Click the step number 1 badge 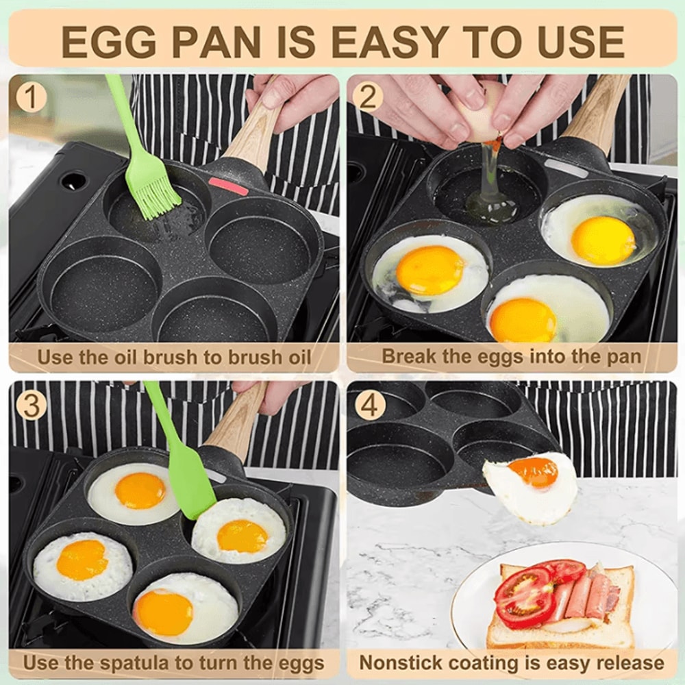coord(30,97)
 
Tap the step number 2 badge coord(368,97)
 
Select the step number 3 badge coord(30,405)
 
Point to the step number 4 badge coord(368,405)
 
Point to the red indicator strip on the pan coord(228,186)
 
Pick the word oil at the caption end coord(297,357)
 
